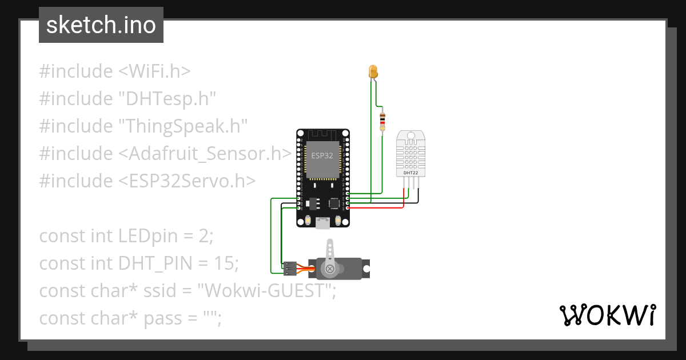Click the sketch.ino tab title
point(101,25)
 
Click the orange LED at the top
point(373,72)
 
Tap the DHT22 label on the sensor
point(410,172)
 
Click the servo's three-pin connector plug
point(290,267)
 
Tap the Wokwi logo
point(607,315)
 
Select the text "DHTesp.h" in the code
point(167,99)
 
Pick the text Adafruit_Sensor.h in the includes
point(205,154)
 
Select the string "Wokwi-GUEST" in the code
point(266,291)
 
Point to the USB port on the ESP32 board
point(323,224)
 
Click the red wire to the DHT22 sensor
point(377,207)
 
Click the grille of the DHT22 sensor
point(410,152)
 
